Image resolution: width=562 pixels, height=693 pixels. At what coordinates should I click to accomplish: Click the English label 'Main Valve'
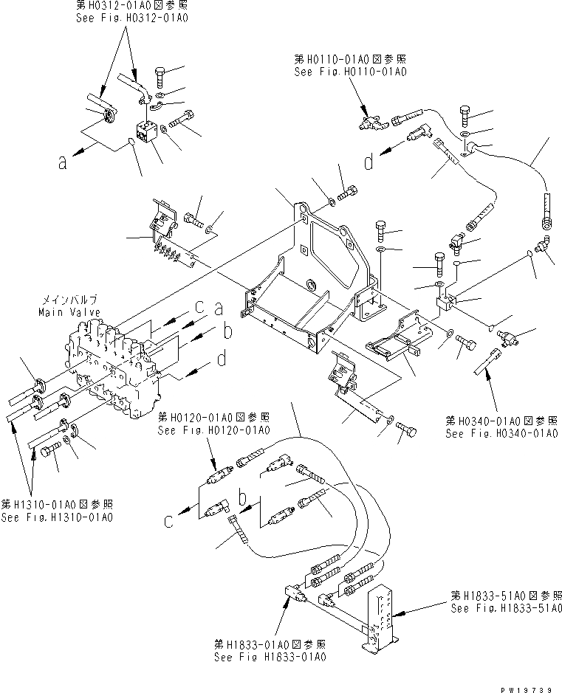pyautogui.click(x=71, y=312)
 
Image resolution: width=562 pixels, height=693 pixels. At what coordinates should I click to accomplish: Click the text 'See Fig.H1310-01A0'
pyautogui.click(x=57, y=517)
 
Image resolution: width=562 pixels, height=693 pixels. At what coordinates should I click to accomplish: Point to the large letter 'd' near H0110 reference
pyautogui.click(x=369, y=163)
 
